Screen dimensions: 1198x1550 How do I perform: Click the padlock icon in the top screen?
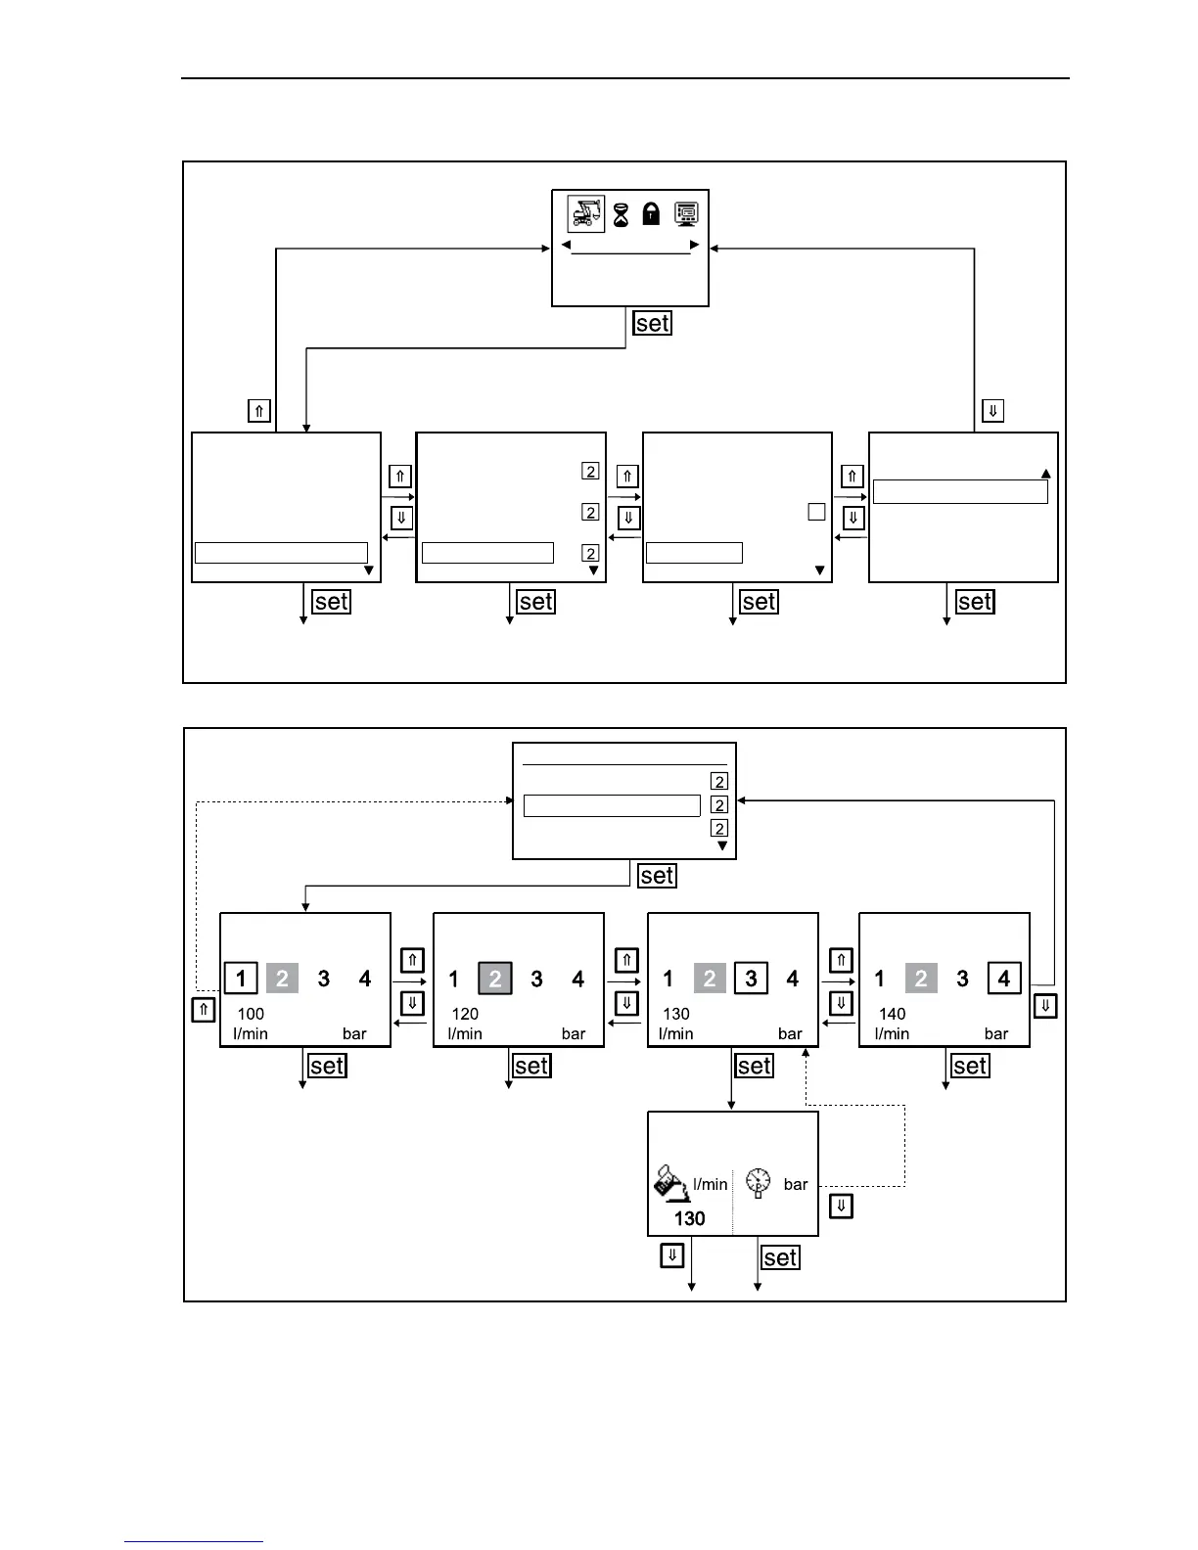click(651, 213)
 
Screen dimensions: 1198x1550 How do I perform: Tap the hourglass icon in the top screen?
click(621, 214)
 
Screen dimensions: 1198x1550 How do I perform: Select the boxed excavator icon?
click(586, 213)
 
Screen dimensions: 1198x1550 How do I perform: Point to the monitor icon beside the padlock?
click(686, 213)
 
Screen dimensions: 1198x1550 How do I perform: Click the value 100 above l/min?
click(251, 1014)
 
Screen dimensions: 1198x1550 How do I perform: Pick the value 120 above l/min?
click(465, 1014)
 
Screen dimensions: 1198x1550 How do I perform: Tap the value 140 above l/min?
click(892, 1014)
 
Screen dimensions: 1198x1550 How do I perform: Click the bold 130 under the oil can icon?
click(689, 1218)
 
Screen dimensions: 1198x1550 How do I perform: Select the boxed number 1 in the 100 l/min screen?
click(241, 978)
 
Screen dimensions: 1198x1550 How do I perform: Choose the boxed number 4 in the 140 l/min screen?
click(1003, 978)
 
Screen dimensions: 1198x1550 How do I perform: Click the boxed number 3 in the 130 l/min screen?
click(751, 978)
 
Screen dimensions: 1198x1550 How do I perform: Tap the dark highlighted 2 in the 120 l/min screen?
click(495, 978)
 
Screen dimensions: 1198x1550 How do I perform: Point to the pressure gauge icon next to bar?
click(758, 1182)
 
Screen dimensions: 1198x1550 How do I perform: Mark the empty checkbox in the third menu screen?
click(816, 512)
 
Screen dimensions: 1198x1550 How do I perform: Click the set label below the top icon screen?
click(652, 323)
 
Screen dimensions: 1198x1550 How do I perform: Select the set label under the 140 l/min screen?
click(969, 1066)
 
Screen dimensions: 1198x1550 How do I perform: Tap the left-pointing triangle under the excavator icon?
click(566, 245)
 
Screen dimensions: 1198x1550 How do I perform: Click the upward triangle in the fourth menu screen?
click(1045, 474)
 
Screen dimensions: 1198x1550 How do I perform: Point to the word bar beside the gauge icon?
click(796, 1184)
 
